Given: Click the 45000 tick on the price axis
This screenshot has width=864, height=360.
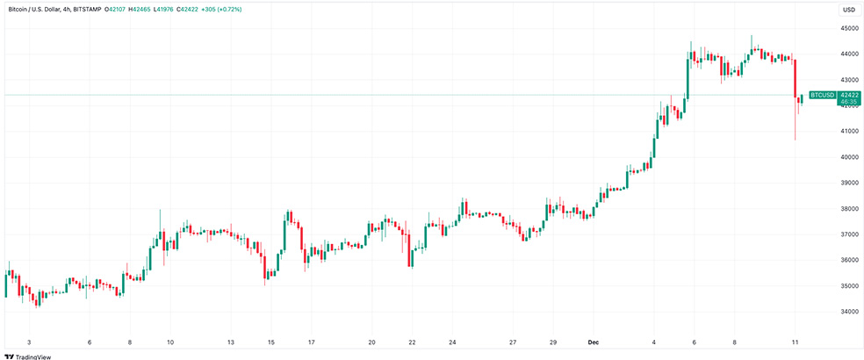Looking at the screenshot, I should tap(849, 28).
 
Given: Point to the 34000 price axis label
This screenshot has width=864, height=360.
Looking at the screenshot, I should tap(849, 312).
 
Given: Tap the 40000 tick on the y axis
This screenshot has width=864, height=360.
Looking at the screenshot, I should tap(849, 157).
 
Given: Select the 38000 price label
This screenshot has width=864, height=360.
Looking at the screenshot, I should tap(849, 209).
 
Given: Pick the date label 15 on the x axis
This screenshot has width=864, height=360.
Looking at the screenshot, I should tap(271, 341).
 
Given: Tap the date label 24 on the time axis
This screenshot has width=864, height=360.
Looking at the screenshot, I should tap(452, 341).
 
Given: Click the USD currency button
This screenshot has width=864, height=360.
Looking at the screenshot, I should tap(848, 10).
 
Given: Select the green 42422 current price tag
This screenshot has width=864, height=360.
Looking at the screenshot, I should tap(848, 94).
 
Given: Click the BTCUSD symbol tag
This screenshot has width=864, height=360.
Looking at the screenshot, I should tap(822, 94).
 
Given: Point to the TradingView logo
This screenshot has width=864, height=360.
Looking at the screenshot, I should tap(25, 356).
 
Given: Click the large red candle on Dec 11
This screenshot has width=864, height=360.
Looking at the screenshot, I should tap(794, 79).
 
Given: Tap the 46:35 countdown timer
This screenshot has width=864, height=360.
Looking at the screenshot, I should tap(848, 102).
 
